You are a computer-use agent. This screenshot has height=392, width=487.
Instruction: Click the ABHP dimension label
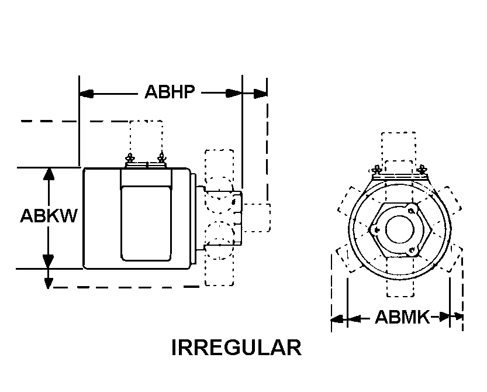[170, 92]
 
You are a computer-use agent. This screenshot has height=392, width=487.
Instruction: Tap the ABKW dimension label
[49, 215]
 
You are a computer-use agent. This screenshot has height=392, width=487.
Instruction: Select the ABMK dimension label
[402, 317]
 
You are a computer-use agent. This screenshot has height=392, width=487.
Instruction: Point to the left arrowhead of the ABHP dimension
[87, 93]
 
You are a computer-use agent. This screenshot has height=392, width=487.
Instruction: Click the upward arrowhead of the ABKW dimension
[48, 174]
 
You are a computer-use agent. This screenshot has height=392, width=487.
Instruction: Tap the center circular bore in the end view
[400, 231]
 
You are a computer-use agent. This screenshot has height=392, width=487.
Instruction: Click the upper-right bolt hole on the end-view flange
[411, 211]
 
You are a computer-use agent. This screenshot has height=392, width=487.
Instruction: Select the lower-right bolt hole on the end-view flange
[412, 250]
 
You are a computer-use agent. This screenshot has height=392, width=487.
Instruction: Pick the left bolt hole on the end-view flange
[377, 230]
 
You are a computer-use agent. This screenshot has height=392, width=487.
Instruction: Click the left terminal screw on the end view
[377, 170]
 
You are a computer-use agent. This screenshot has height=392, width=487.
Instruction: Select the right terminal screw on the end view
[422, 170]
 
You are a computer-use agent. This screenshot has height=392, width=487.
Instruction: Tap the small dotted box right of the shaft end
[256, 218]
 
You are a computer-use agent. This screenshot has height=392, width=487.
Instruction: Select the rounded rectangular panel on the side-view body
[146, 223]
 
